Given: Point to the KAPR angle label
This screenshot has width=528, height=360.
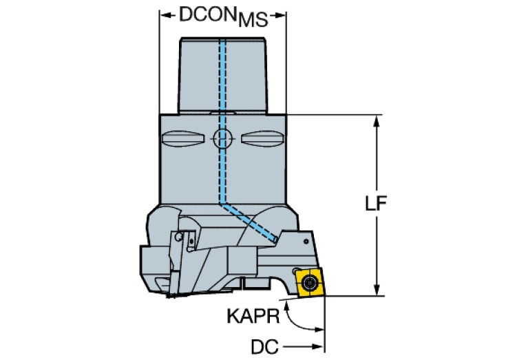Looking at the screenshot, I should (x=251, y=317).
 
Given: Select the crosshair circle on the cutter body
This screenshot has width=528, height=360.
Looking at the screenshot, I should (x=222, y=139).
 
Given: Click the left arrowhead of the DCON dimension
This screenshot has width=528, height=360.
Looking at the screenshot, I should (x=165, y=14).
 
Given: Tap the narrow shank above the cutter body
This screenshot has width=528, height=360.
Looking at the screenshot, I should (x=222, y=76).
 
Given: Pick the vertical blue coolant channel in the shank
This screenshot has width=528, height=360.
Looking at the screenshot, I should (x=222, y=76).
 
